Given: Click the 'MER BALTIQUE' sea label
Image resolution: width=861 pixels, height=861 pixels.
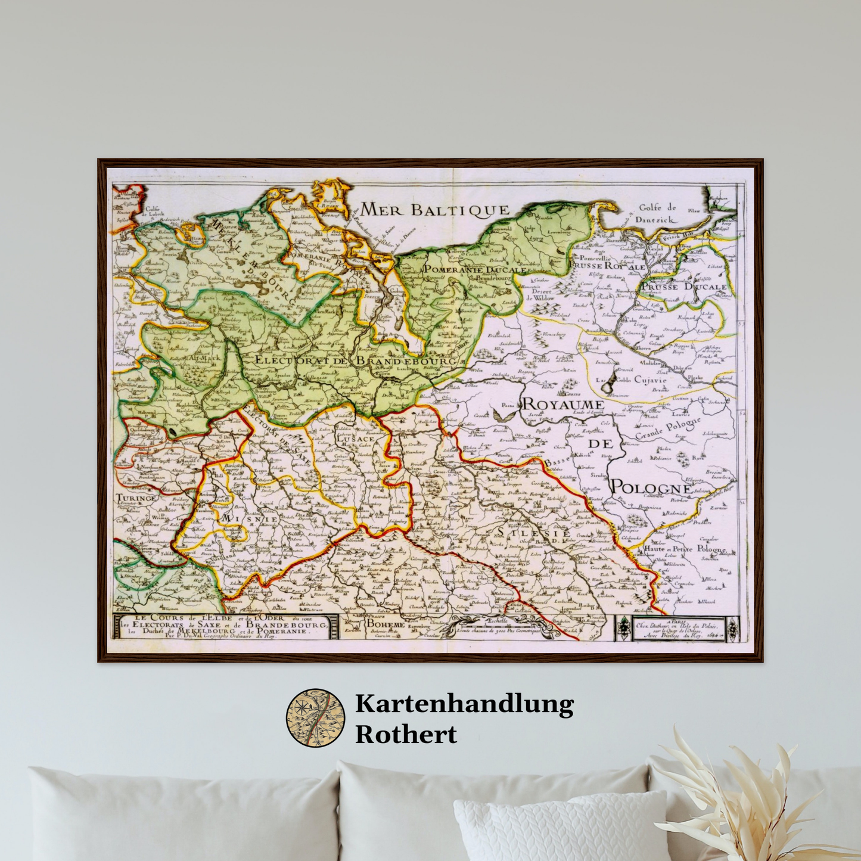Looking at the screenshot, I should tap(435, 209).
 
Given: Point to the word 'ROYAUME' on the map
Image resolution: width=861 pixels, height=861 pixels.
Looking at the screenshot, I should tap(563, 405).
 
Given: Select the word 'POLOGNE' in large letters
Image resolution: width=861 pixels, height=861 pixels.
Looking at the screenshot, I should tap(651, 487).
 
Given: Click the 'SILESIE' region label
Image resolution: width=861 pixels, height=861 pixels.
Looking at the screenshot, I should tap(534, 533).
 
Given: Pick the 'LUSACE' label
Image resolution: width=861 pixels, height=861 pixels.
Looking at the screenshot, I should tap(356, 439).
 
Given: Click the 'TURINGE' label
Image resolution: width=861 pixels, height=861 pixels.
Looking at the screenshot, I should tap(136, 498).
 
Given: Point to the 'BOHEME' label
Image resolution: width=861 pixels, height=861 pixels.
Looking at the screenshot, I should tap(385, 624).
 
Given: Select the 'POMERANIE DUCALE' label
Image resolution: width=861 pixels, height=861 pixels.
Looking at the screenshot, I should tap(475, 269).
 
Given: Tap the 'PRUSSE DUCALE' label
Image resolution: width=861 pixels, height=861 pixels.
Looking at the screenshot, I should tap(683, 287).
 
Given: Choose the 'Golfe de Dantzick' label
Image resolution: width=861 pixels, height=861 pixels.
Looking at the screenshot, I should tap(658, 213).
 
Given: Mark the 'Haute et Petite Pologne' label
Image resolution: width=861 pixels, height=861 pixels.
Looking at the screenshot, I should tap(684, 549).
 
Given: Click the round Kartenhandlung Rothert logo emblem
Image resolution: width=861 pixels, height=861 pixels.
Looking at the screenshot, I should tap(316, 718).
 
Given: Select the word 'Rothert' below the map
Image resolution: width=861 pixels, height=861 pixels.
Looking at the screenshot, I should tap(406, 734).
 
